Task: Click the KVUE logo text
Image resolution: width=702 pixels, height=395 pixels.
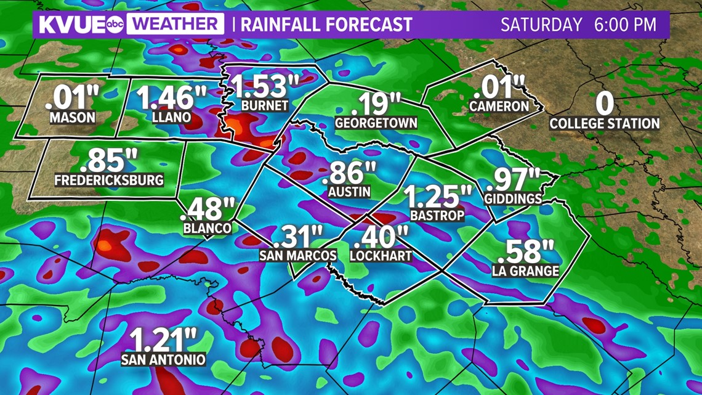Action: (x=71, y=25)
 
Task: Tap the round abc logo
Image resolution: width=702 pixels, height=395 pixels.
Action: (x=116, y=25)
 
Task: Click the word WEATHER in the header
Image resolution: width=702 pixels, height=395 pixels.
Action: (x=175, y=25)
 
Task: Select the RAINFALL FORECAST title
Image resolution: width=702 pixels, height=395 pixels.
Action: (x=326, y=25)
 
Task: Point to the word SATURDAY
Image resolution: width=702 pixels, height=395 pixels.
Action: (x=541, y=25)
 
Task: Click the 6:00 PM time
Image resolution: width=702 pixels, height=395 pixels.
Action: (x=625, y=25)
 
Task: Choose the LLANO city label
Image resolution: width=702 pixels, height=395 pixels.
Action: (x=172, y=117)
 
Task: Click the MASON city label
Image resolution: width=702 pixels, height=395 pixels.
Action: (x=73, y=117)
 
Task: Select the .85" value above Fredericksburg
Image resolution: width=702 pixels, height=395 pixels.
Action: (x=109, y=161)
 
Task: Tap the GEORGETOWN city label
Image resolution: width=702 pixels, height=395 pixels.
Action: (x=376, y=123)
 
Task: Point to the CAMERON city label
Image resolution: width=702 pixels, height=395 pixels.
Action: (x=499, y=106)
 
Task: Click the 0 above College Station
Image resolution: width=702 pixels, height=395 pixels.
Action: (x=605, y=104)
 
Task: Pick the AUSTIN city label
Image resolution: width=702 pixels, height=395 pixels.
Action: (x=349, y=192)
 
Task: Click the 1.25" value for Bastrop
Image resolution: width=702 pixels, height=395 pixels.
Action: (x=437, y=197)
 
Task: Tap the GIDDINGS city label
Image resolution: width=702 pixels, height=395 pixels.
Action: (x=513, y=198)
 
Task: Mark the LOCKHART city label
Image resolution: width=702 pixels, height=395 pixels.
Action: (x=381, y=255)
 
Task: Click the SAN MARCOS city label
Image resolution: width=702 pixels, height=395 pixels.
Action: (x=298, y=255)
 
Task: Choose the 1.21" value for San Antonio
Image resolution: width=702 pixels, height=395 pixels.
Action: (x=163, y=340)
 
